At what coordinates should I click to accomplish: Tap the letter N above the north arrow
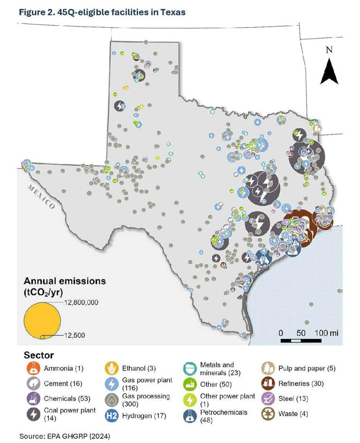[329, 50]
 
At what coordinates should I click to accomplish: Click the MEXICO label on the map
[41, 196]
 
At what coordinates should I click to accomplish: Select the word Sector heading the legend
[36, 355]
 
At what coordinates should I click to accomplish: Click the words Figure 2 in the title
[37, 12]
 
